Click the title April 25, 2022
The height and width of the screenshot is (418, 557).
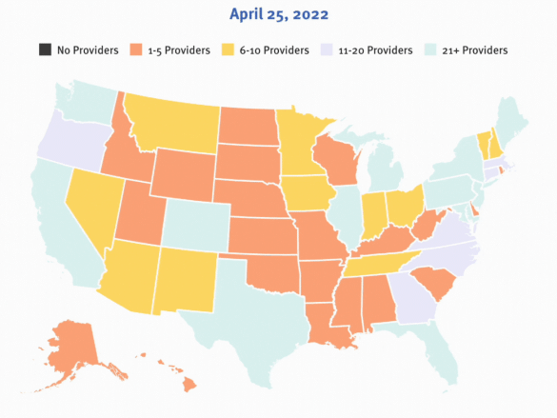tap(278, 15)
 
